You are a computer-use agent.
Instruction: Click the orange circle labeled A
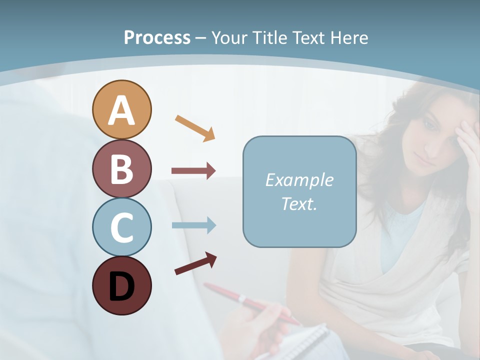point(121,109)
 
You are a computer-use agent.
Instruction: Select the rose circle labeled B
point(121,168)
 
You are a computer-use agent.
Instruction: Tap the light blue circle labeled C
point(121,227)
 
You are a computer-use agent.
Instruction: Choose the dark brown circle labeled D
point(121,285)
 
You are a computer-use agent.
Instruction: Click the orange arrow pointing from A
point(195,128)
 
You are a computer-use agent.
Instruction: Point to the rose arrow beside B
point(193,171)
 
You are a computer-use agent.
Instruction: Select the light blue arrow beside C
point(193,225)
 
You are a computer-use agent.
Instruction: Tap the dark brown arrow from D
point(195,263)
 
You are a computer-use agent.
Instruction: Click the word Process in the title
point(157,37)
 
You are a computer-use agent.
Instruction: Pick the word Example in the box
point(299,180)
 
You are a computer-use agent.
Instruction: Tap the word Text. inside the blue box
point(299,203)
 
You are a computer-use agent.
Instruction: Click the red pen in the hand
point(250,302)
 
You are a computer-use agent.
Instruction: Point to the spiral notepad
point(295,342)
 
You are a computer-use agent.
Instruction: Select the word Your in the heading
point(228,37)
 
